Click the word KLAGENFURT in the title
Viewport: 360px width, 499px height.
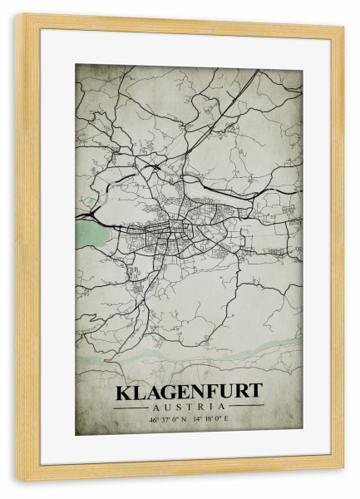(189, 392)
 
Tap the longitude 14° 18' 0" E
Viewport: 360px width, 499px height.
(211, 420)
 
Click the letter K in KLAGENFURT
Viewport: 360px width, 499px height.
(122, 392)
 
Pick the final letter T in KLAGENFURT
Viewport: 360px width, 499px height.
(256, 392)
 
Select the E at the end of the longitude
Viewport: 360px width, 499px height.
(227, 420)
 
